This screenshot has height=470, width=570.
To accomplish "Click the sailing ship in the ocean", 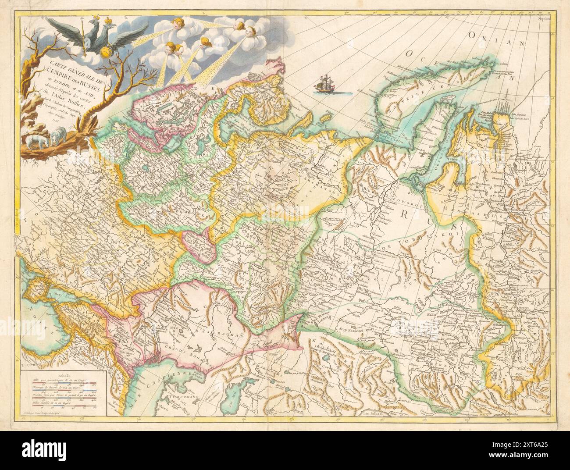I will coord(325,84).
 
